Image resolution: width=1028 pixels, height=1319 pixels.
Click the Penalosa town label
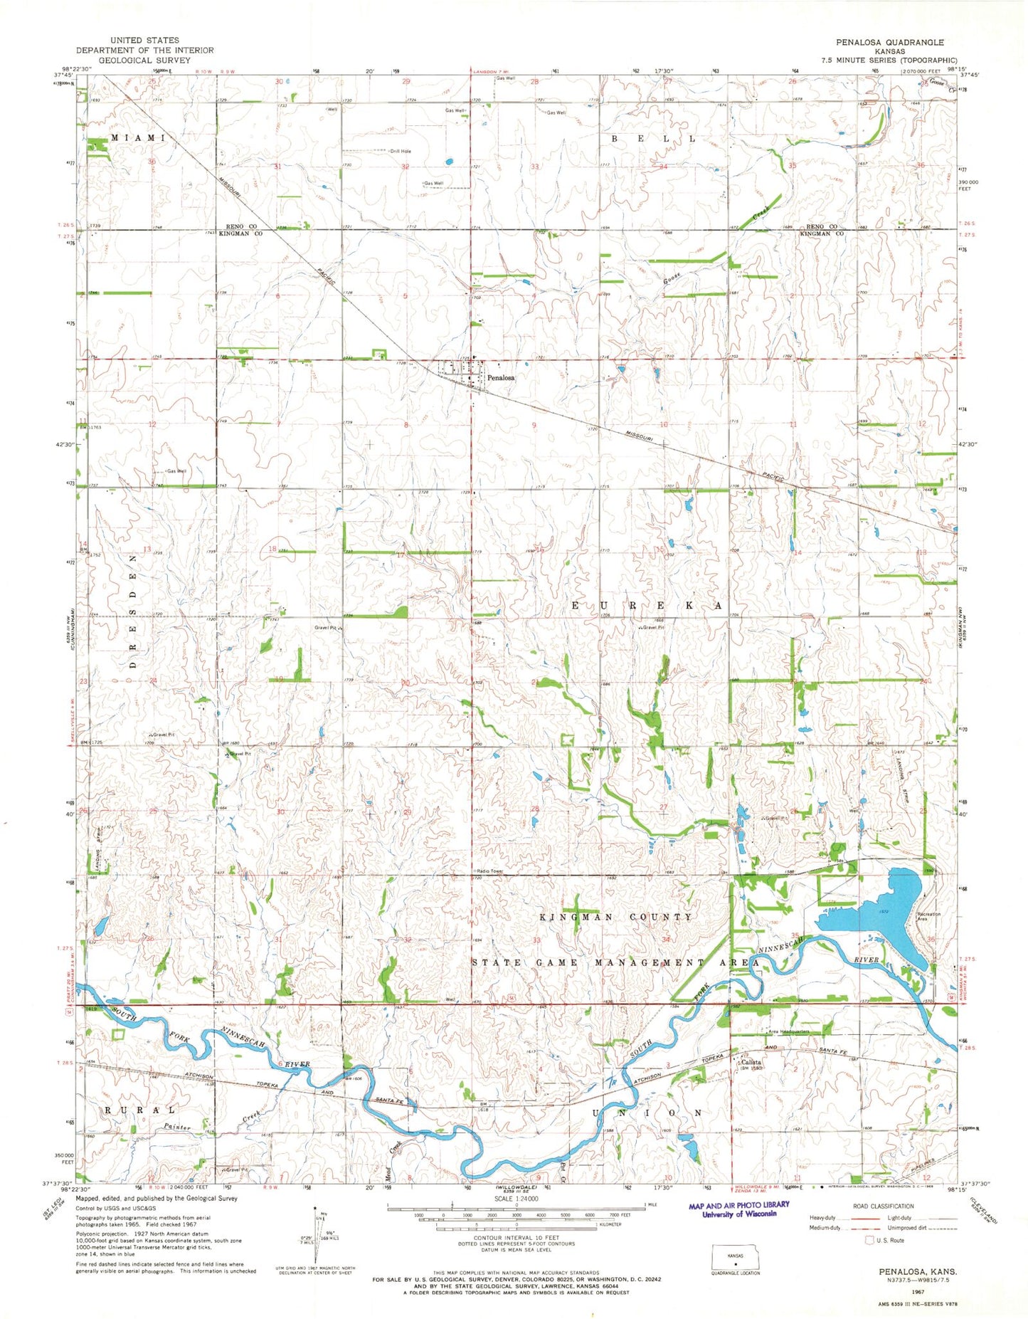[500, 378]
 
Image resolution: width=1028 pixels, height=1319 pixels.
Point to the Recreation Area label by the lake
[928, 916]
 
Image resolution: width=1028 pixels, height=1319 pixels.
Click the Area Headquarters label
[788, 1031]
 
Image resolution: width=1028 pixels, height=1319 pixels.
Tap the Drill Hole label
[400, 151]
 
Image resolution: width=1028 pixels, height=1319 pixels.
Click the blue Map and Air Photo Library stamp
[739, 1209]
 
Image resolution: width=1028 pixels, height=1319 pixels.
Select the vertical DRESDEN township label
[133, 611]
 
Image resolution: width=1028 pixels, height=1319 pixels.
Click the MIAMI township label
[137, 137]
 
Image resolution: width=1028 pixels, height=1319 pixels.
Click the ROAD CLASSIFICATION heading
[883, 1206]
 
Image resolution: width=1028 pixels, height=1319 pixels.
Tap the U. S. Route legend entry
[885, 1240]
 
